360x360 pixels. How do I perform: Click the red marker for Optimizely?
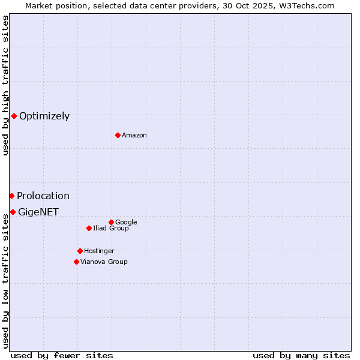coord(14,116)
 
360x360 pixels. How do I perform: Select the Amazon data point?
coord(118,135)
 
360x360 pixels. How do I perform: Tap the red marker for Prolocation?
coord(11,196)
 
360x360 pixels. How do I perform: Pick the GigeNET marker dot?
coord(13,212)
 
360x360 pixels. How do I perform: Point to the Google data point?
coord(111,222)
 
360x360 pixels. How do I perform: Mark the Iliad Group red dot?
coord(89,228)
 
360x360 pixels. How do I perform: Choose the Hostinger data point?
coord(80,251)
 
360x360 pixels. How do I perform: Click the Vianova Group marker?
coord(76,262)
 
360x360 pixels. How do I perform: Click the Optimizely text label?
coord(44,116)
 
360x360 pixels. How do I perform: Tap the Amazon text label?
coord(134,135)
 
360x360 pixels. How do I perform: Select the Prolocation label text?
coord(43,196)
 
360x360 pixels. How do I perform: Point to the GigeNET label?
coord(38,212)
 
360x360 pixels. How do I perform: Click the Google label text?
coord(126,222)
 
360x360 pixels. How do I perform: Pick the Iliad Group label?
coord(111,228)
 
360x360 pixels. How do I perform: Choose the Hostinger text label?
coord(99,251)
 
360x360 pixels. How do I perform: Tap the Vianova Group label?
coord(104,262)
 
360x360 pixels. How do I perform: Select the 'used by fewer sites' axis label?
coord(62,355)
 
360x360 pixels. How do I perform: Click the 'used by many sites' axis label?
coord(301,355)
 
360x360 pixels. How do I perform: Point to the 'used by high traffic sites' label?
coord(5,85)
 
